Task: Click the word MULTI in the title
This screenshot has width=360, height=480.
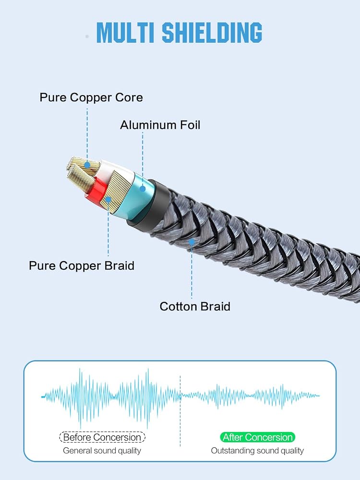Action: [x=125, y=33]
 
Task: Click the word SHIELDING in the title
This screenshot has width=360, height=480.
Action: [x=212, y=33]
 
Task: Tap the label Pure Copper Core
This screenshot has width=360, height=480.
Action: [x=91, y=97]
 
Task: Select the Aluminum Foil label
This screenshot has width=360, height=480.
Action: [x=160, y=125]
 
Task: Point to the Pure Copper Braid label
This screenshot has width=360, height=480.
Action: [x=82, y=265]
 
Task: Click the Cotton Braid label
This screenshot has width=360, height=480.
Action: [x=195, y=306]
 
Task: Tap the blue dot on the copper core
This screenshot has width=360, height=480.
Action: [x=87, y=165]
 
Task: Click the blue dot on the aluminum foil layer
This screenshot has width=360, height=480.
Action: [x=143, y=189]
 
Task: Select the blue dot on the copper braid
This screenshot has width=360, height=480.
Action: [x=108, y=200]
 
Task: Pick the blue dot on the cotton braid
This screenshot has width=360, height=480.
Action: [x=192, y=242]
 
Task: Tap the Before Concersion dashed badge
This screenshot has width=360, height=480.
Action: [x=102, y=437]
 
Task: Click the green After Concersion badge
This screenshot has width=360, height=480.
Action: [x=257, y=437]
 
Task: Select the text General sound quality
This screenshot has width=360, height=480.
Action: [x=102, y=451]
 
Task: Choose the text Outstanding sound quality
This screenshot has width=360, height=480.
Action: [x=257, y=451]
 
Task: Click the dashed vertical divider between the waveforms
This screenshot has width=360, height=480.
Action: [x=180, y=411]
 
